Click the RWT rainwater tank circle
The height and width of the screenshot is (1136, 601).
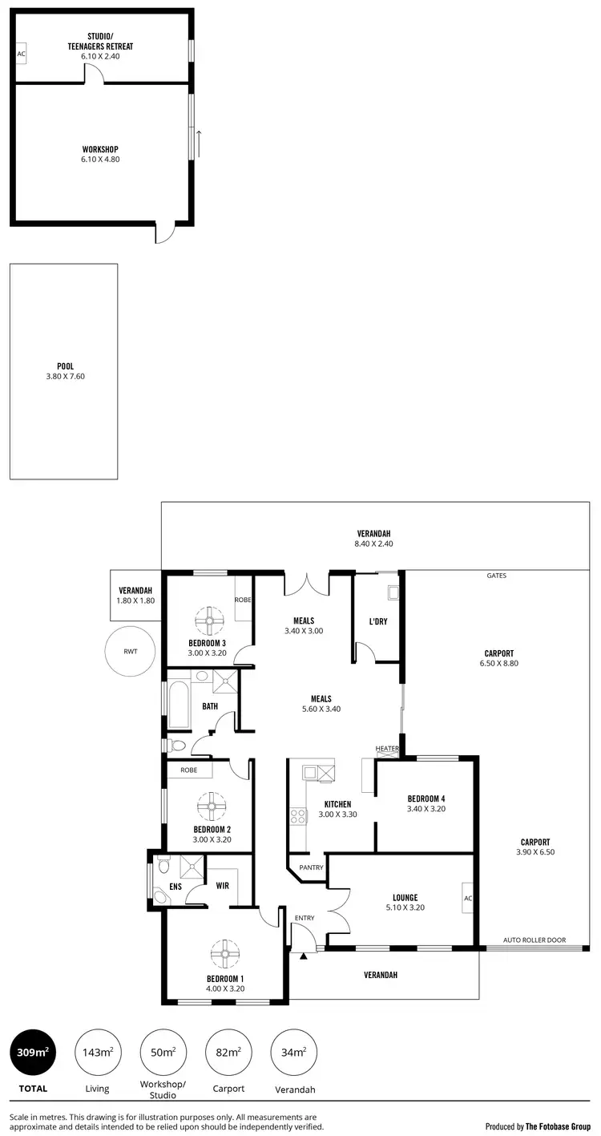pyautogui.click(x=130, y=651)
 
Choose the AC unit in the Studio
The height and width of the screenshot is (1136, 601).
pyautogui.click(x=21, y=55)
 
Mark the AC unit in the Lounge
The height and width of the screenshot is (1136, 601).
pyautogui.click(x=467, y=899)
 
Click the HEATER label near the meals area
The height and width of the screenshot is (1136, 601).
pyautogui.click(x=387, y=749)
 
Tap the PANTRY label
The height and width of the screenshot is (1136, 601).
pyautogui.click(x=310, y=867)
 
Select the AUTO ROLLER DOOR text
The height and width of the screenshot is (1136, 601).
pyautogui.click(x=534, y=940)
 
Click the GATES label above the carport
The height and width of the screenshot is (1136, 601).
pyautogui.click(x=496, y=576)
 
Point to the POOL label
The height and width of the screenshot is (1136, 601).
pyautogui.click(x=65, y=366)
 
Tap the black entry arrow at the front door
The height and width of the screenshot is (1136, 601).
pyautogui.click(x=304, y=956)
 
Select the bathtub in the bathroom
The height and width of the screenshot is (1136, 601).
pyautogui.click(x=178, y=705)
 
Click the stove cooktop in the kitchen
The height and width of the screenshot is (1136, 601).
pyautogui.click(x=297, y=817)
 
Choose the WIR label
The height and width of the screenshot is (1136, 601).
pyautogui.click(x=223, y=886)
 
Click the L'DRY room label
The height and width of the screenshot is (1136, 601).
pyautogui.click(x=378, y=621)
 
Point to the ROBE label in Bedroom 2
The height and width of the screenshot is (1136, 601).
pyautogui.click(x=189, y=770)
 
